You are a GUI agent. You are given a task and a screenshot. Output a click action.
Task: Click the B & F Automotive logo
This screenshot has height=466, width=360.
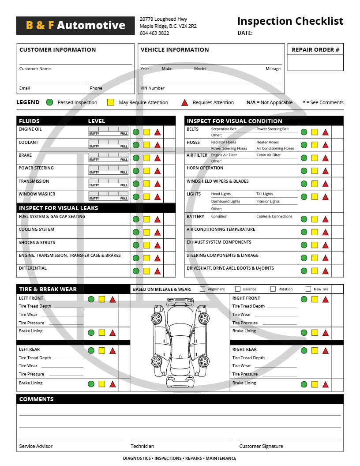click(75, 26)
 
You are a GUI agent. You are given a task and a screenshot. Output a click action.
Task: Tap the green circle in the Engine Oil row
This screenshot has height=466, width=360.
click(136, 132)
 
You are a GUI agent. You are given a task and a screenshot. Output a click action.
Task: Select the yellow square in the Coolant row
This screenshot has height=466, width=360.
click(146, 145)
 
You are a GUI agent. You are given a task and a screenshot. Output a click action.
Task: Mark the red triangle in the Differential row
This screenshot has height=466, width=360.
click(157, 271)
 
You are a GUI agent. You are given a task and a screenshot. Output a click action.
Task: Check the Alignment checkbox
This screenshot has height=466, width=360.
click(202, 289)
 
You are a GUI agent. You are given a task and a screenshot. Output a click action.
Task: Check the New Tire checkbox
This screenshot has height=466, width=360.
click(308, 289)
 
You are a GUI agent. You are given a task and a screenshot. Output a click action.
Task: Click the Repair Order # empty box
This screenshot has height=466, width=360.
click(315, 62)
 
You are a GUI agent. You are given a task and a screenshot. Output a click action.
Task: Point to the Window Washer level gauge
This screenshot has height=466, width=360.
click(109, 194)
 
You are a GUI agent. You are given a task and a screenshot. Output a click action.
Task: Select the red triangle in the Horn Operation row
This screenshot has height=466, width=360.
click(326, 171)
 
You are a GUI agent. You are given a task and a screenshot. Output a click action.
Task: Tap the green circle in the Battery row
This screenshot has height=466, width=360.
click(304, 219)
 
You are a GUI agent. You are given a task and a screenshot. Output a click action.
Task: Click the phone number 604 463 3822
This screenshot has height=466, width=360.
click(154, 33)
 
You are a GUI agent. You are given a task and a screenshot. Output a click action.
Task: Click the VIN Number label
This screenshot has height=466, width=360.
click(153, 88)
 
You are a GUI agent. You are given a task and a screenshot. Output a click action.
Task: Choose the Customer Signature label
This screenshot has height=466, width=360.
click(261, 446)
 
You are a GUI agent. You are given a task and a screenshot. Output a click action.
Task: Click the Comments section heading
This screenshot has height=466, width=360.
click(37, 399)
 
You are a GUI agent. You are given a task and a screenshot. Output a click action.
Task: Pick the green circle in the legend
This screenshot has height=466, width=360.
click(50, 102)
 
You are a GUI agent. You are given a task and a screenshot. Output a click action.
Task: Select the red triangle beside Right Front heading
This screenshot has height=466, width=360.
click(326, 299)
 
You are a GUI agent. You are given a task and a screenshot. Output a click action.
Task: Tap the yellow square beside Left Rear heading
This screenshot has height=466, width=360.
click(102, 350)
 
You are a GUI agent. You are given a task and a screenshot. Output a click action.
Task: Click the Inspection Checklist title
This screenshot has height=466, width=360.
click(290, 21)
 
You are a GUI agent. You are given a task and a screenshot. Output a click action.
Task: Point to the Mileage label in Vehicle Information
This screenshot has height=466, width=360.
click(273, 69)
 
